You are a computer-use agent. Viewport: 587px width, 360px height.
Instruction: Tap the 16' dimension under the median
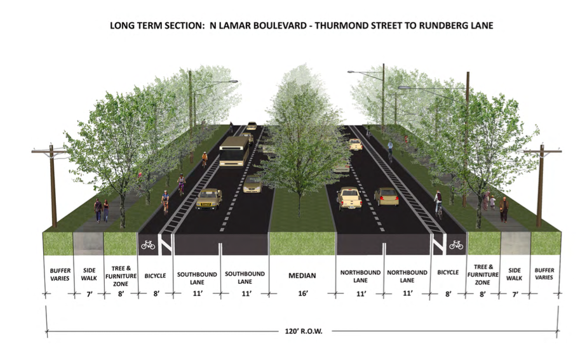coord(302,293)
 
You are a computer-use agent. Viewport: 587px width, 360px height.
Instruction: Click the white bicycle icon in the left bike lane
coord(148,244)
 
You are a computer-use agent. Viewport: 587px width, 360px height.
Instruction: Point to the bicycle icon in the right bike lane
coord(456,244)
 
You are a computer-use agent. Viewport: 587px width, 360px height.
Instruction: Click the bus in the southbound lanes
coord(234,151)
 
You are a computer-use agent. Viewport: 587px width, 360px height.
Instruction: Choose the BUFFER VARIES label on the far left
coord(60,274)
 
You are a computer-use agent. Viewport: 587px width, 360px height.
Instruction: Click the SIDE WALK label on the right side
coord(515,274)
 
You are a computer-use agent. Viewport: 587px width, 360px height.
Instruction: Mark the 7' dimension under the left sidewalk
coord(89,293)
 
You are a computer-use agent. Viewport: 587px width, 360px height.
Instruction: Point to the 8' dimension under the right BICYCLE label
coord(448,293)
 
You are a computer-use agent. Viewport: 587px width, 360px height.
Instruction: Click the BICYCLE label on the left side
coord(155,275)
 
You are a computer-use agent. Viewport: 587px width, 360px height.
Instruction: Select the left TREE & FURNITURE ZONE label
coord(121,275)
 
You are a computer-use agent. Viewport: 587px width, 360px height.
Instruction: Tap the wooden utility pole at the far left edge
coord(53,187)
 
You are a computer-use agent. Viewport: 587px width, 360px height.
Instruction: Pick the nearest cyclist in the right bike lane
coord(438,204)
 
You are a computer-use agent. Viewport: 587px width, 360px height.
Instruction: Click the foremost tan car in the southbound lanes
coord(208,198)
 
